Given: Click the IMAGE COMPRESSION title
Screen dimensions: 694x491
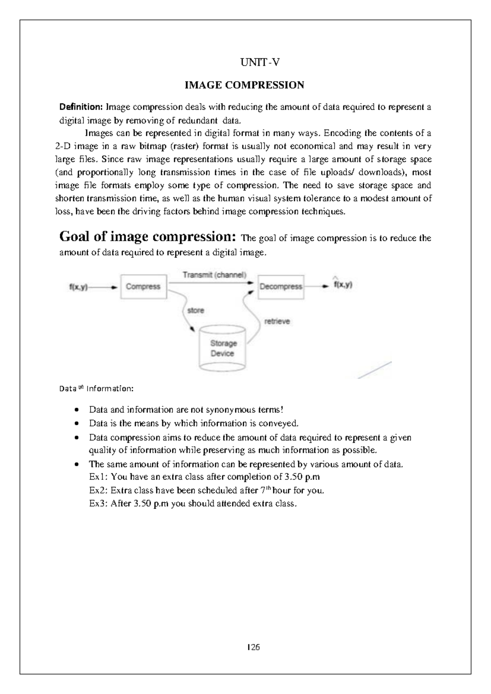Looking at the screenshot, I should point(244,85).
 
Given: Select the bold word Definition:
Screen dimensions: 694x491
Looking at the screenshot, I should point(81,107).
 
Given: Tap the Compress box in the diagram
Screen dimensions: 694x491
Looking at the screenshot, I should point(143,287).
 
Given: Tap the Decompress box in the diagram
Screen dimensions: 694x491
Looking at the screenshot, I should point(281,287).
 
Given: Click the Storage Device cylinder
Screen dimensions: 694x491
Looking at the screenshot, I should point(222,348).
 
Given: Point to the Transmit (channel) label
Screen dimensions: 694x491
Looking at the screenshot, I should point(214,275).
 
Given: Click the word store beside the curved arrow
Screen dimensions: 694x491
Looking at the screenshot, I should point(195,311).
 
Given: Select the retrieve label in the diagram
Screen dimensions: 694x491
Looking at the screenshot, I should point(277,322).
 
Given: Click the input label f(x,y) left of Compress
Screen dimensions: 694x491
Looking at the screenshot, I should point(78,287).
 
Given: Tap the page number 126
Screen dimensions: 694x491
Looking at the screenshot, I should point(254,647).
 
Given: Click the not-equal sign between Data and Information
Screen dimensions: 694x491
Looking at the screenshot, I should point(80,388).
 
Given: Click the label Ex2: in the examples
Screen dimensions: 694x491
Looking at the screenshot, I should point(98,490).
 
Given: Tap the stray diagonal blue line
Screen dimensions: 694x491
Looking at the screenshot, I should point(375,370).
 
